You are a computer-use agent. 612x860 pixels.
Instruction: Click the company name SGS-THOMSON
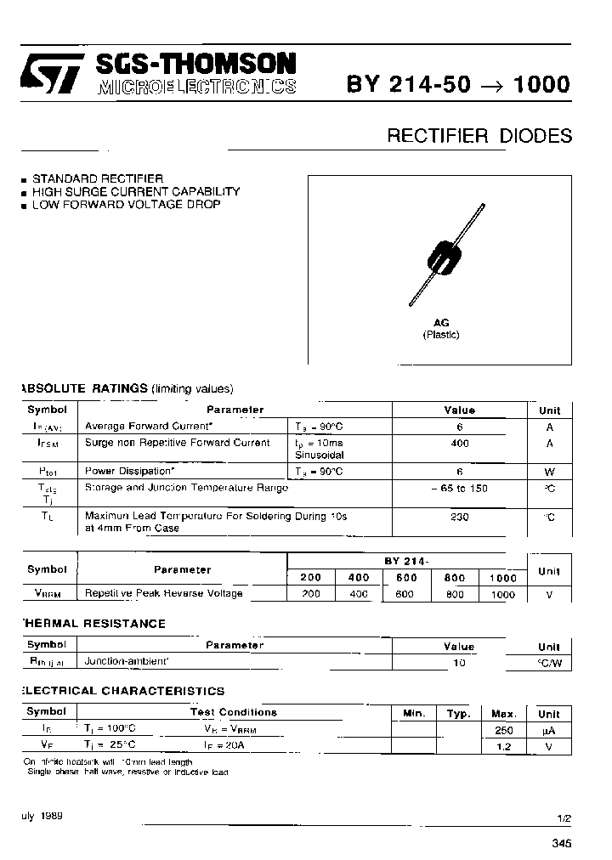point(196,65)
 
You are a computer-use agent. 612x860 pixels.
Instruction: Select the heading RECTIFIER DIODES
point(479,136)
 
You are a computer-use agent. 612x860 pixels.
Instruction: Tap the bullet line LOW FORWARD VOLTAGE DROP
point(126,205)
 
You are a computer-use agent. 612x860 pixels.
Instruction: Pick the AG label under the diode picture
point(441,323)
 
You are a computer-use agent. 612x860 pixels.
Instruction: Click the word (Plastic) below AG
point(441,335)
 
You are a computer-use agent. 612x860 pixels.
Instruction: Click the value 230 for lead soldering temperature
point(460,516)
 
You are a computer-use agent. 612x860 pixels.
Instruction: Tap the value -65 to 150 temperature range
point(460,489)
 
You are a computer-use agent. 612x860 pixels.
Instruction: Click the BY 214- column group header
point(405,562)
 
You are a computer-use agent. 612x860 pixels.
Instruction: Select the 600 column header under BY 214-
point(405,578)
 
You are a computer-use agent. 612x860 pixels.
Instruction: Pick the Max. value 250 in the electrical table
point(503,729)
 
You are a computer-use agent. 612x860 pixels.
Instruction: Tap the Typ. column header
point(459,714)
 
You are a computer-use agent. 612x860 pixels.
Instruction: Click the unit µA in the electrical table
point(549,729)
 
